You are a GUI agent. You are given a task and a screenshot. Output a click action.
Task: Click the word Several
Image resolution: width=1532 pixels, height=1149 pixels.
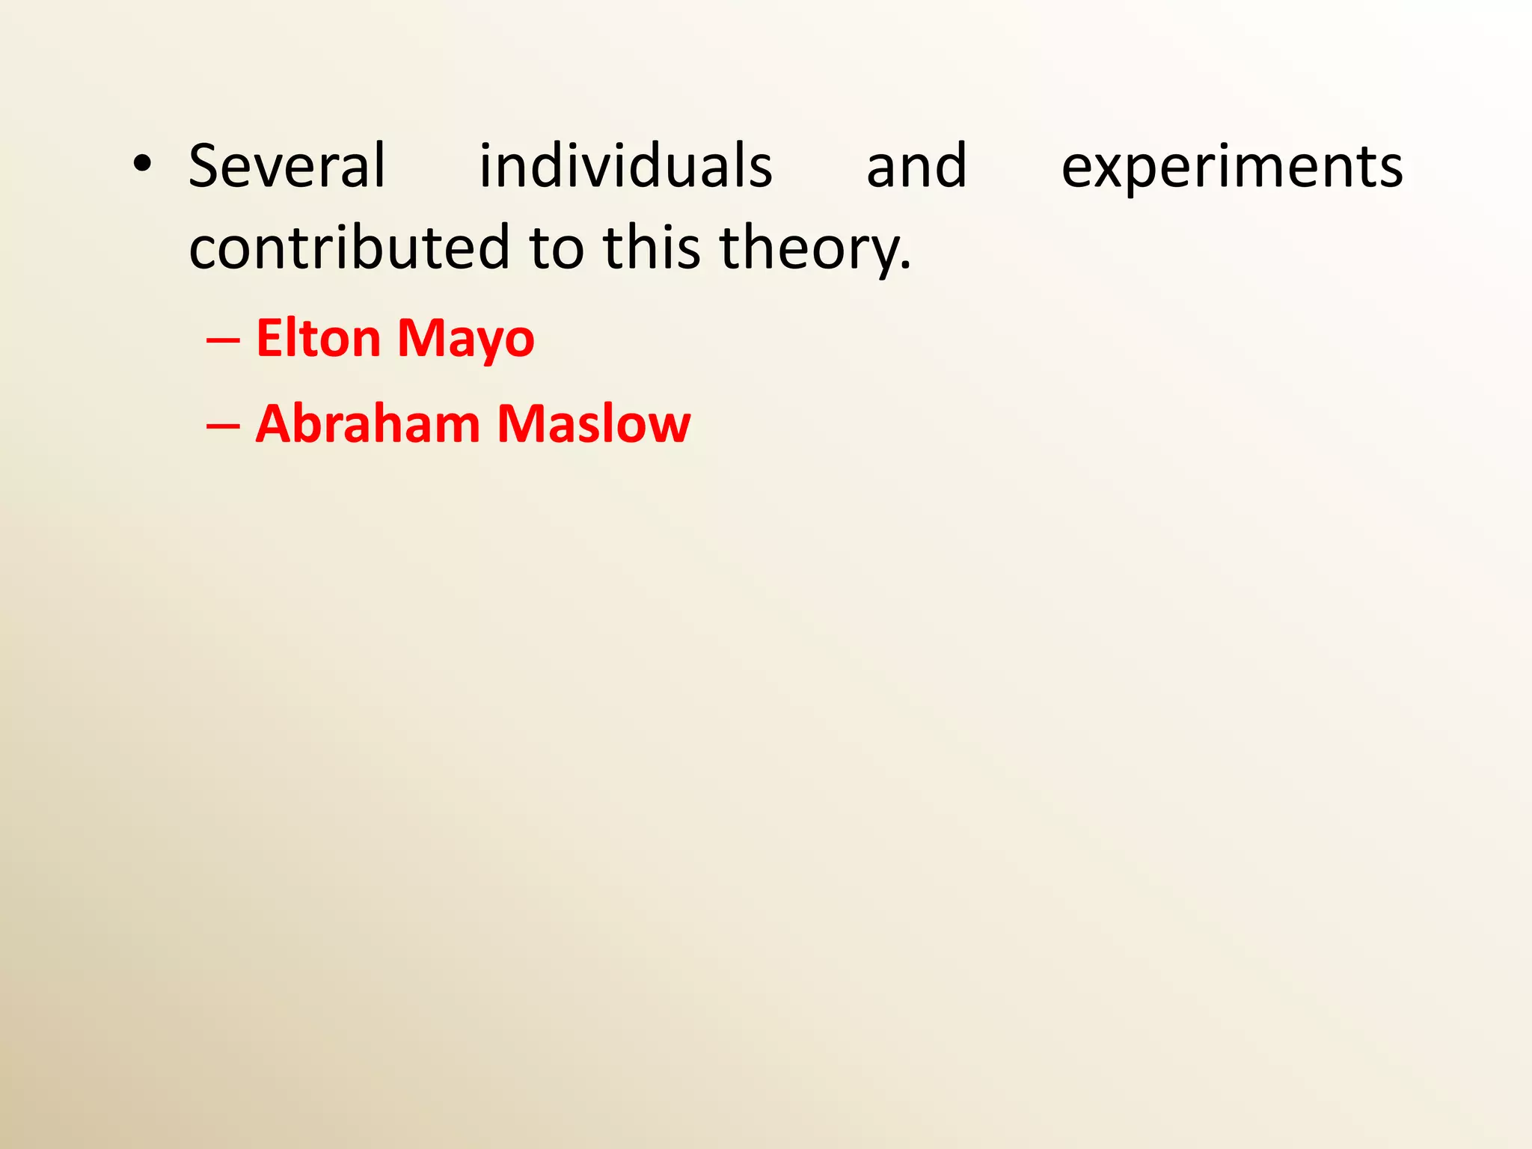click(287, 165)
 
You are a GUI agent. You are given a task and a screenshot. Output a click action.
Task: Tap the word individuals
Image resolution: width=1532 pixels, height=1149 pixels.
click(625, 165)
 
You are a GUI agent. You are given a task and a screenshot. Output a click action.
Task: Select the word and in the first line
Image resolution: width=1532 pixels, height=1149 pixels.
click(916, 165)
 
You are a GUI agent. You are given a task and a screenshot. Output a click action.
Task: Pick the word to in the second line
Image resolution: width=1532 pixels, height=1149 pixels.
click(556, 248)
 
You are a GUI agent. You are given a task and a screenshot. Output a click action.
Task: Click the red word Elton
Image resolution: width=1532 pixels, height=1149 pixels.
click(318, 338)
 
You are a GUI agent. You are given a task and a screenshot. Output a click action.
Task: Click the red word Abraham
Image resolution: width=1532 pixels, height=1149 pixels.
click(367, 423)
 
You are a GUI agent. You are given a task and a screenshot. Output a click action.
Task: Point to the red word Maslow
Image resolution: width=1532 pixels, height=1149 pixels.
click(593, 423)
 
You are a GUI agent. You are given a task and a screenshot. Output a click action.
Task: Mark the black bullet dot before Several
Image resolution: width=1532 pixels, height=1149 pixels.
click(141, 166)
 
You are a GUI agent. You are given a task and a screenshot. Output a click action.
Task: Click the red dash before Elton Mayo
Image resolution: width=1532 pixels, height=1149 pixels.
click(223, 340)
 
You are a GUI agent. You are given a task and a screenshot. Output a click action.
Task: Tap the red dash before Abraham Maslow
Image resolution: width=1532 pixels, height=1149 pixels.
click(223, 426)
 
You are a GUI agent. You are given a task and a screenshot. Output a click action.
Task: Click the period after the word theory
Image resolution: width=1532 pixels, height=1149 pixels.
click(906, 266)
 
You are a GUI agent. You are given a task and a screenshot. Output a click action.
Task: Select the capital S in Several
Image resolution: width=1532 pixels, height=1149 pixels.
click(203, 165)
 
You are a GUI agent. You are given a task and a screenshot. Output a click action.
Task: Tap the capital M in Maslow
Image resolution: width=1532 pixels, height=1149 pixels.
click(523, 423)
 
